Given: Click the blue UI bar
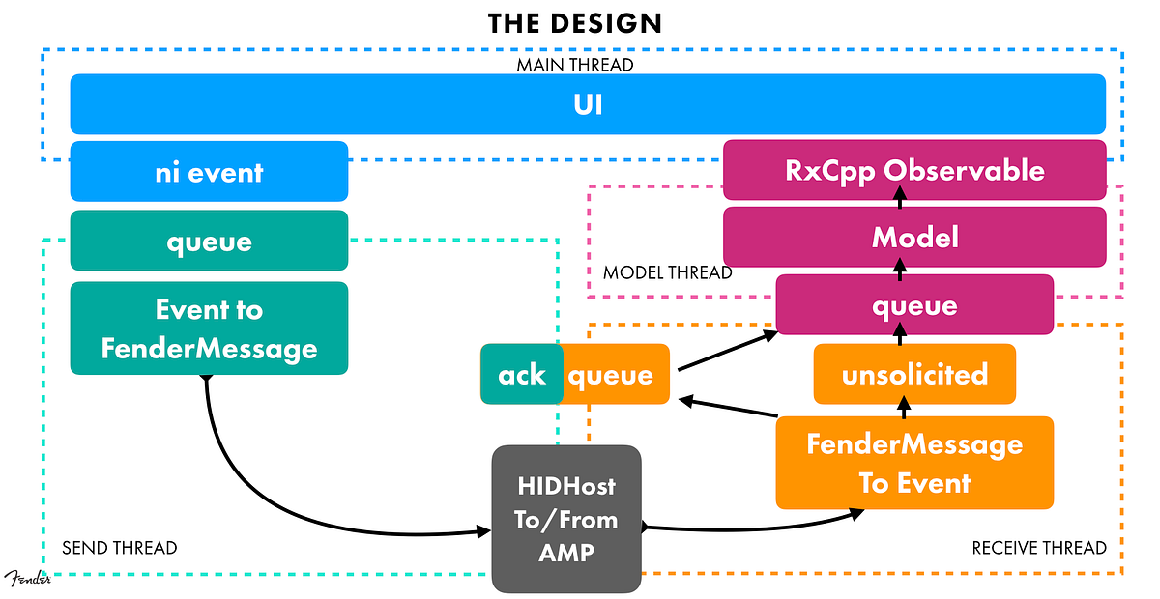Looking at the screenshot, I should [x=588, y=103].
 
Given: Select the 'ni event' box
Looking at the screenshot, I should [x=209, y=172].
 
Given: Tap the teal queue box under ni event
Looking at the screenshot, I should [x=209, y=241].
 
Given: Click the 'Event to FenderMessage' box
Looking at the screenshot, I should [x=209, y=328].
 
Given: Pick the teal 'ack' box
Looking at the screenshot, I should [x=522, y=374].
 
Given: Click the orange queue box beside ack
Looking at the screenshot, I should [x=616, y=374].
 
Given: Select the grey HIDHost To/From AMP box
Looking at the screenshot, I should [x=566, y=519].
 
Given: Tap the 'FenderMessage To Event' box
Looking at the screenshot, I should [x=914, y=463].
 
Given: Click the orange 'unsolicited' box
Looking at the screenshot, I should [x=914, y=374].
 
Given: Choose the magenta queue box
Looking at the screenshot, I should [x=914, y=305].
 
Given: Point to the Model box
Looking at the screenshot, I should [x=914, y=237].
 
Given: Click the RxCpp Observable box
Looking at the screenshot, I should [x=914, y=170].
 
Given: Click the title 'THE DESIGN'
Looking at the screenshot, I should [x=574, y=23].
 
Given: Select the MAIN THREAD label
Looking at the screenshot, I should [x=574, y=65].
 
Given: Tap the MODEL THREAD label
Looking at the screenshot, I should [x=667, y=273].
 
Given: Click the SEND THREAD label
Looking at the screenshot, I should [x=120, y=548].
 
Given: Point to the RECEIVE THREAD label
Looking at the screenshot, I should [x=1039, y=548].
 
